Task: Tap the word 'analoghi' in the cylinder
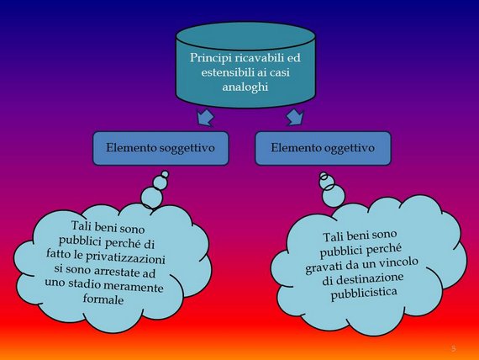[x=245, y=87]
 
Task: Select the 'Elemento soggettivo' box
[x=161, y=148]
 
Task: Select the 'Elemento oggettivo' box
[x=323, y=148]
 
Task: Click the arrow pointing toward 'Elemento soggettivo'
[x=205, y=117]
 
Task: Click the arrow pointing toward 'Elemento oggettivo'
[x=295, y=117]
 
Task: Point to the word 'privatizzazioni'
[x=125, y=257]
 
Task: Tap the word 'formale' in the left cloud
[x=103, y=299]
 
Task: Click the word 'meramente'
[x=133, y=286]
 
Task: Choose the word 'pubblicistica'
[x=364, y=294]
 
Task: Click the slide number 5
[x=453, y=348]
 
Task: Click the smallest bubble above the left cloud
[x=165, y=174]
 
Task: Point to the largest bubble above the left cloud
[x=151, y=198]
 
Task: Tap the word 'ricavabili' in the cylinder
[x=256, y=58]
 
